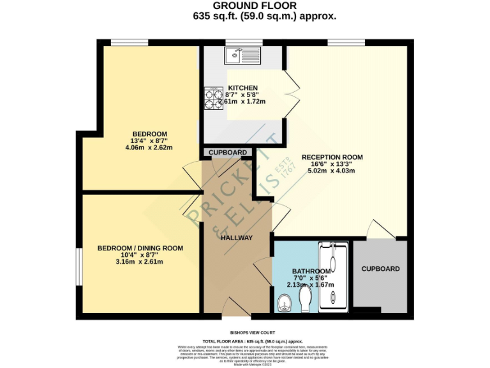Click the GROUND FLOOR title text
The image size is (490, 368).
coord(245,6)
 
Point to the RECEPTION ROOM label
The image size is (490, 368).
coord(332,157)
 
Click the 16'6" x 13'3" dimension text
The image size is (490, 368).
coord(332,164)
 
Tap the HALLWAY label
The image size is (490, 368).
coord(237,238)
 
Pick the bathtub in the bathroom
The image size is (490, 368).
coord(333,277)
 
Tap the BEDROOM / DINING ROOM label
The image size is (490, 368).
coord(140,248)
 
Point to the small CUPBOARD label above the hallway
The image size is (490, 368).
coord(228,153)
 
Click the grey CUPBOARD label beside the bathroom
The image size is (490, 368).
coord(380,269)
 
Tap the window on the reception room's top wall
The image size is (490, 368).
coord(347,43)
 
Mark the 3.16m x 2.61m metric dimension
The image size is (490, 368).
coord(140,262)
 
